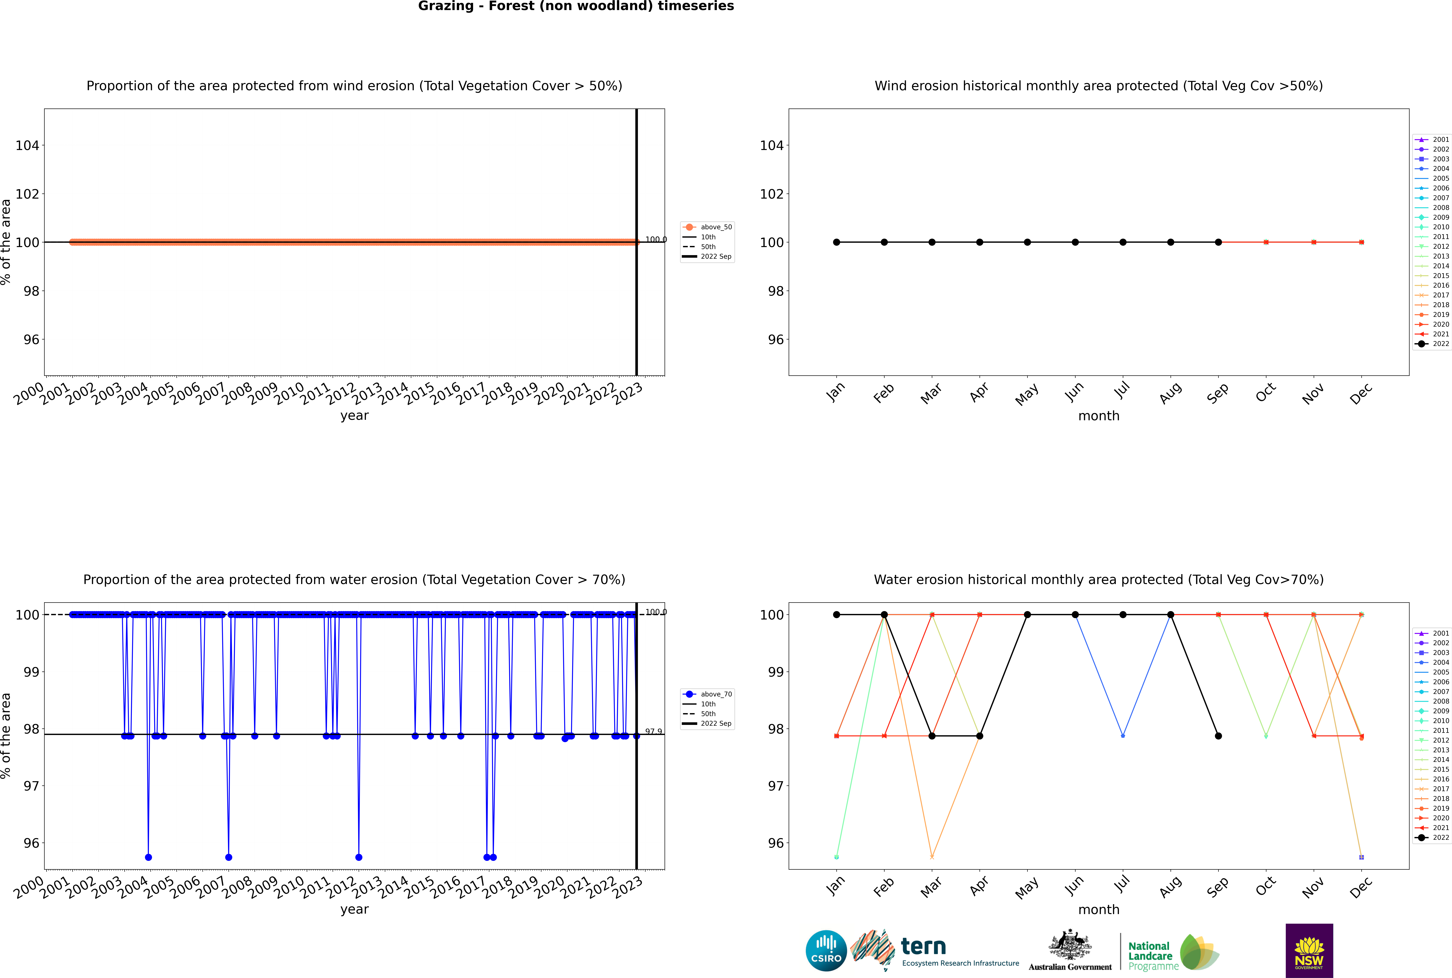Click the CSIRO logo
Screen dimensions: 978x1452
tap(826, 951)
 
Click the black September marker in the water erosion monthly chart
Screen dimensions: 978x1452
tap(1218, 736)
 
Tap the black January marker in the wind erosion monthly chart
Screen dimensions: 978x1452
tap(837, 242)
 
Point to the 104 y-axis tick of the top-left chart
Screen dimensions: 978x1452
tap(27, 145)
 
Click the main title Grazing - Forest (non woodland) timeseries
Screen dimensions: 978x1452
tap(576, 6)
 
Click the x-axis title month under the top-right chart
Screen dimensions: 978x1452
tap(1099, 416)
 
